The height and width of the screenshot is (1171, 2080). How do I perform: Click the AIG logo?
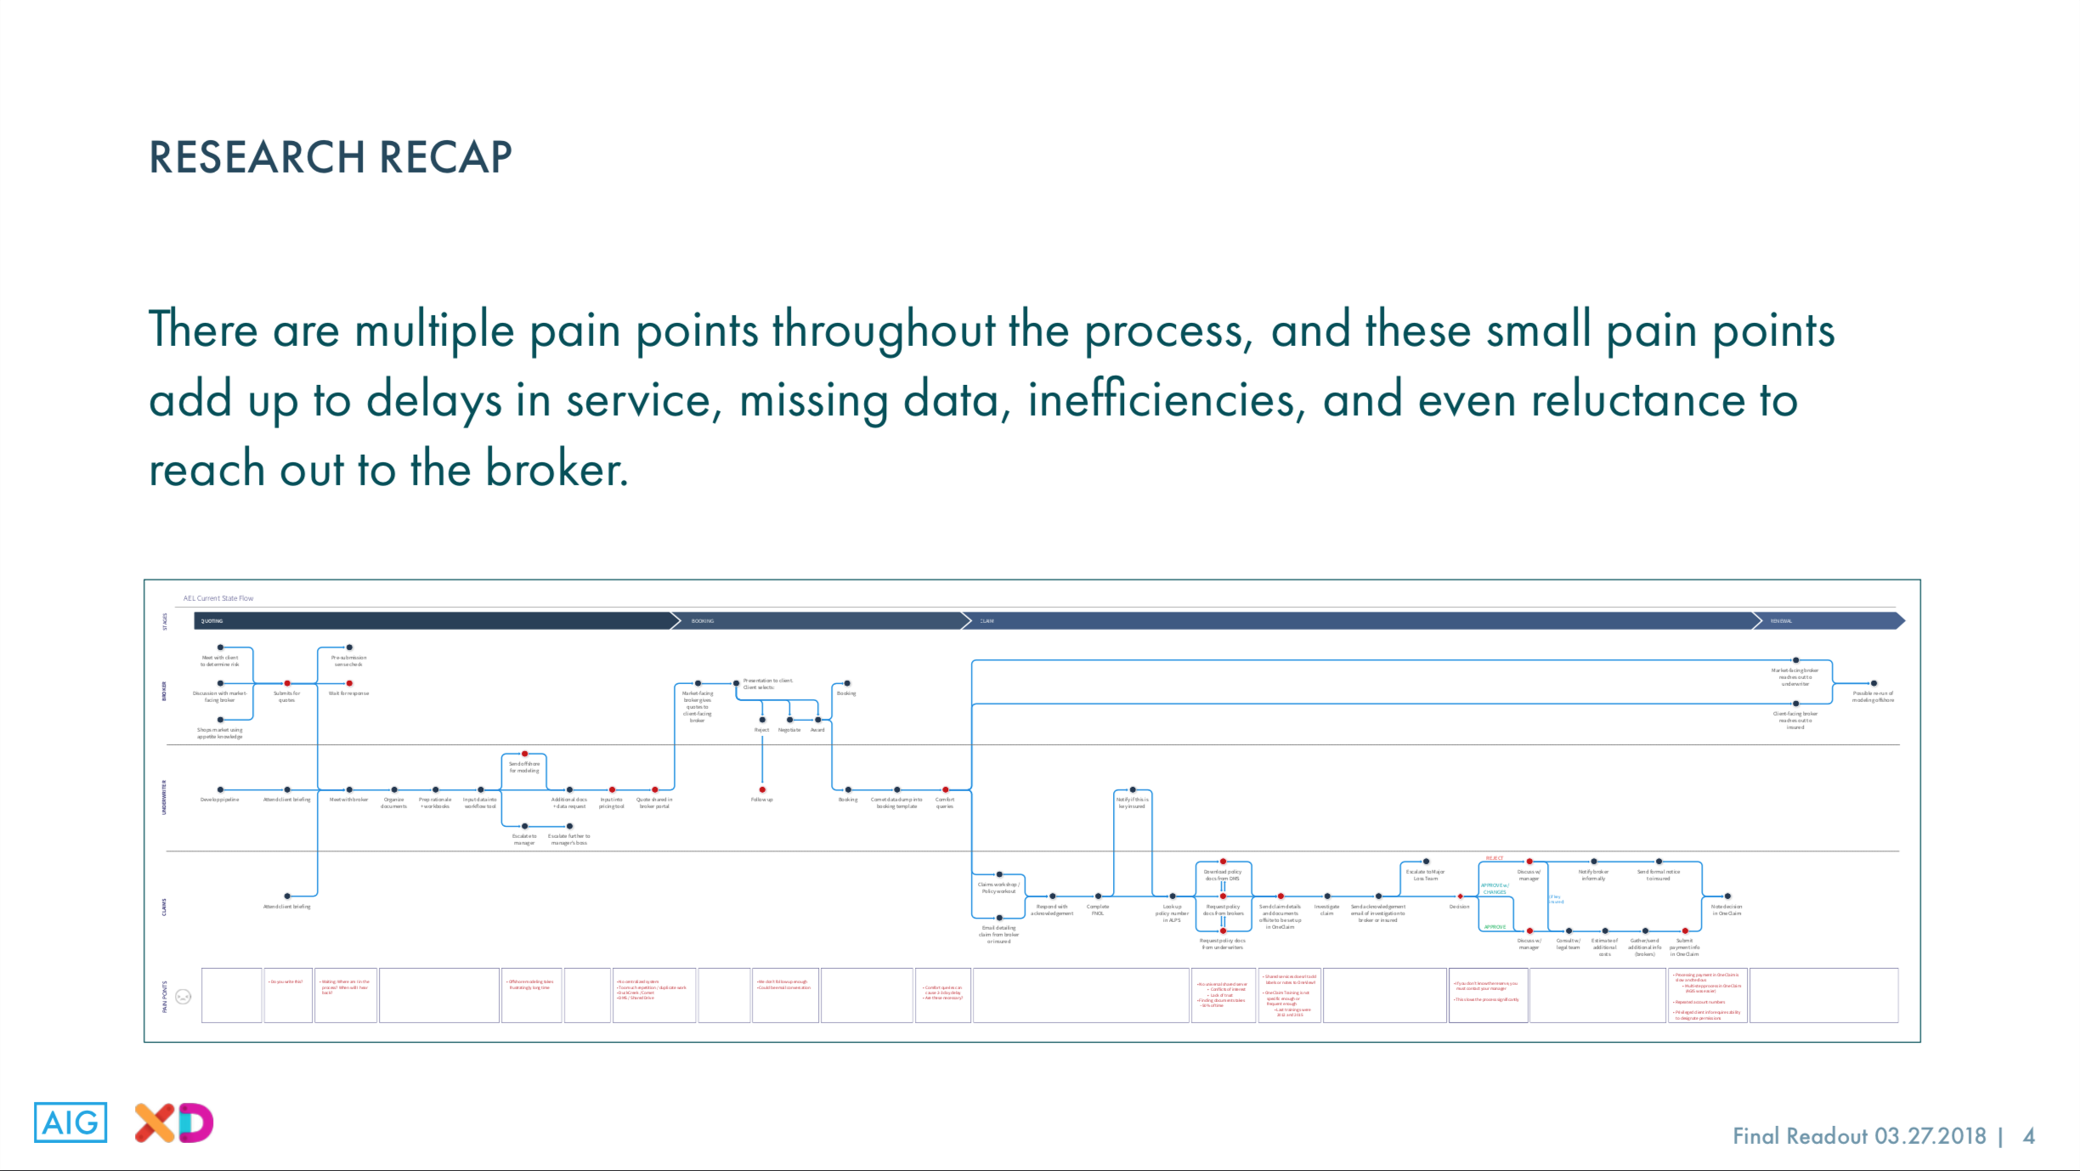[71, 1122]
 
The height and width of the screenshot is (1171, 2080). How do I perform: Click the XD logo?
[174, 1123]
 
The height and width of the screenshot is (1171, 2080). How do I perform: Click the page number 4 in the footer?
[2029, 1136]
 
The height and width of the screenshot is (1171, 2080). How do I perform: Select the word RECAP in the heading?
[445, 157]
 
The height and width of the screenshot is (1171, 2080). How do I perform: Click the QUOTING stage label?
[212, 621]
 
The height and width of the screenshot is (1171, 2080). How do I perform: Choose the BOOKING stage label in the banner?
[703, 621]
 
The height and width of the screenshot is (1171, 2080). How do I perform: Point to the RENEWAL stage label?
[1781, 621]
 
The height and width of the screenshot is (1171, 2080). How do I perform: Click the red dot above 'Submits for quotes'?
[287, 683]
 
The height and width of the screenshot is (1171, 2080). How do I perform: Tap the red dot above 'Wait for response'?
[349, 683]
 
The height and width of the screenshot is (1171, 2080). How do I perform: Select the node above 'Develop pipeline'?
[220, 789]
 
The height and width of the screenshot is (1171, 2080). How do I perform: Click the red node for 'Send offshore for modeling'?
[524, 754]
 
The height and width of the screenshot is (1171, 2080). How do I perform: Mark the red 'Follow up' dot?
[762, 789]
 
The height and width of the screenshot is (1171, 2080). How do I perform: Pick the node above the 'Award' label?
[817, 720]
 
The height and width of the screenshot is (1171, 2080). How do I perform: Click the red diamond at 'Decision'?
[1460, 897]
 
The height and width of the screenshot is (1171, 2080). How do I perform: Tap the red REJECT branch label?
[1495, 858]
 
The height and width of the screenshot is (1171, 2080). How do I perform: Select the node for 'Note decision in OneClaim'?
[1727, 897]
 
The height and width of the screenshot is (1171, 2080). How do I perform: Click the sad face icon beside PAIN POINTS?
[183, 996]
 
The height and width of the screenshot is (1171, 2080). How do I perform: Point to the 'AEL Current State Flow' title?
[218, 598]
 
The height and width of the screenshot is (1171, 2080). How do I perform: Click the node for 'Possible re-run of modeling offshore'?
[1874, 683]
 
